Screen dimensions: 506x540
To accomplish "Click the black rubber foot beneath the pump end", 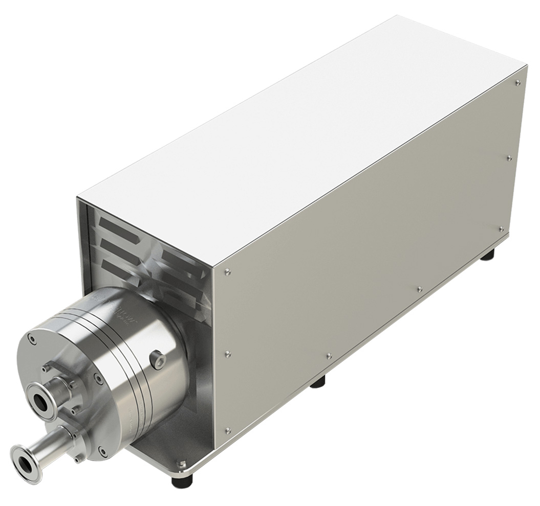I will [x=182, y=481].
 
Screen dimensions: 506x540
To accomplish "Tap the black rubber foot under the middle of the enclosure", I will [x=318, y=382].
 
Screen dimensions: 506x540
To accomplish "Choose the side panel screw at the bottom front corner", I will [x=228, y=431].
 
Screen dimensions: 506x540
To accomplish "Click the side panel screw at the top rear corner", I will [x=518, y=82].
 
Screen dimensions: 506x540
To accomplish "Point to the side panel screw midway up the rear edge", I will [x=509, y=158].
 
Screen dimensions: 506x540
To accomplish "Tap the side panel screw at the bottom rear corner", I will [x=502, y=229].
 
